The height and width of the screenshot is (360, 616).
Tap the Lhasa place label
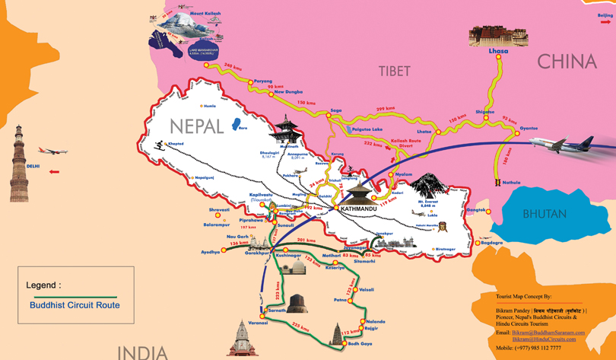(x=498, y=51)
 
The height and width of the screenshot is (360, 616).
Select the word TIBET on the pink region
(x=394, y=71)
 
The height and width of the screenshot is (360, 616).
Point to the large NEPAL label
(x=196, y=126)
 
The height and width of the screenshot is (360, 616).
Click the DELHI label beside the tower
(x=33, y=166)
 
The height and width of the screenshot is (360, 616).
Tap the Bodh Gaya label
(x=360, y=343)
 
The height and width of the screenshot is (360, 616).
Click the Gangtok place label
(x=476, y=209)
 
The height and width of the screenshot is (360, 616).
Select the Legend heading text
(x=44, y=285)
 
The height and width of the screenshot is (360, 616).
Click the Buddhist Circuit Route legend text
(x=75, y=305)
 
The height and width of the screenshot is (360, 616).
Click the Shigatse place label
(x=484, y=112)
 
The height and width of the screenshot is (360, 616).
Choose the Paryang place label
(x=262, y=81)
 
